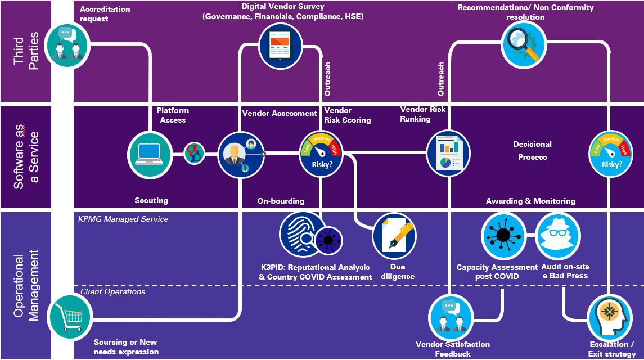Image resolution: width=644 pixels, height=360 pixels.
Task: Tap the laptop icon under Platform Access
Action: click(150, 154)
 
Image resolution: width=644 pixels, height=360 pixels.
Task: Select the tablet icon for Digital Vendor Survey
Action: click(281, 46)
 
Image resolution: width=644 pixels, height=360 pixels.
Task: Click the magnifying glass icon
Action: click(523, 47)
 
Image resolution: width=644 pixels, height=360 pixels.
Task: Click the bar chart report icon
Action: click(448, 154)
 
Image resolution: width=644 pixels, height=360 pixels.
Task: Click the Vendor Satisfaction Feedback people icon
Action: click(450, 316)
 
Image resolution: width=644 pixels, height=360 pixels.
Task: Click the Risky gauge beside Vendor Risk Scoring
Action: click(320, 154)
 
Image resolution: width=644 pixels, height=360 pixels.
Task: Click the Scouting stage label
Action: click(151, 200)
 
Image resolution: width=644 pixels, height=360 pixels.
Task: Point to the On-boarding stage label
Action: click(281, 201)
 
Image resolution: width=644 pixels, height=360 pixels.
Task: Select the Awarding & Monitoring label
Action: click(530, 201)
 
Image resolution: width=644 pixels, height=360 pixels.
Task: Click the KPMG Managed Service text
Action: click(123, 219)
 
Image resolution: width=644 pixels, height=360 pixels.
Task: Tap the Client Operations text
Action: click(113, 291)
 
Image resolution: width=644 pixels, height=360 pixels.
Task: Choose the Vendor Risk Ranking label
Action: click(422, 114)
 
